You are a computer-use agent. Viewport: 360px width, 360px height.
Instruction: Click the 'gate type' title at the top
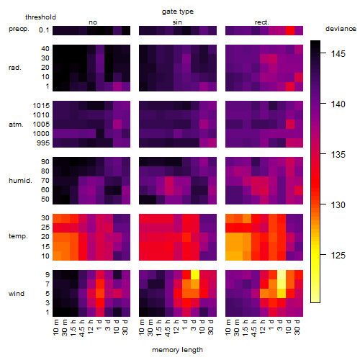click(x=178, y=12)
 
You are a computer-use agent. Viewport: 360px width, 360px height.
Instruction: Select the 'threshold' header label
click(x=40, y=17)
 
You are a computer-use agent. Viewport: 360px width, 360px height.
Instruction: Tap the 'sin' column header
click(x=177, y=22)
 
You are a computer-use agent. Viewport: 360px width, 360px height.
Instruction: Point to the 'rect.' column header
click(x=261, y=22)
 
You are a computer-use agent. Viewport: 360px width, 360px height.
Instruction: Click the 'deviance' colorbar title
click(x=341, y=29)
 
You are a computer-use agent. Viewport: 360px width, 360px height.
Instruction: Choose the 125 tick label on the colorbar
click(x=338, y=255)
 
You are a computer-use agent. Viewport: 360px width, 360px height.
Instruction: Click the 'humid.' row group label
click(x=20, y=181)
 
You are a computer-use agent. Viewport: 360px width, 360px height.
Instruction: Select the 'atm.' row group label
click(x=16, y=125)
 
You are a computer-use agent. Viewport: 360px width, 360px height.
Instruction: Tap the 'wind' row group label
click(x=17, y=294)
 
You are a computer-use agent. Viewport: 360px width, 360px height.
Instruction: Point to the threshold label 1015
click(x=41, y=106)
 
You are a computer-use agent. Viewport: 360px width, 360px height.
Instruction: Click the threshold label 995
click(x=43, y=143)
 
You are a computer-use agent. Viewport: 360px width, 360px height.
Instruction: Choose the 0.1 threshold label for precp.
click(x=44, y=30)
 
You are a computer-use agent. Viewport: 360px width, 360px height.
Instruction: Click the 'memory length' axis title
click(x=178, y=350)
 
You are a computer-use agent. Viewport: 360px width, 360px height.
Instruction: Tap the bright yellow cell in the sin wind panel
click(x=195, y=274)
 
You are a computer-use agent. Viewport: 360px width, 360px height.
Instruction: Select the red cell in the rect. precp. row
click(x=290, y=30)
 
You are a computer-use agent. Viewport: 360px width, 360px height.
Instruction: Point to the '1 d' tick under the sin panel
click(x=185, y=325)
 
